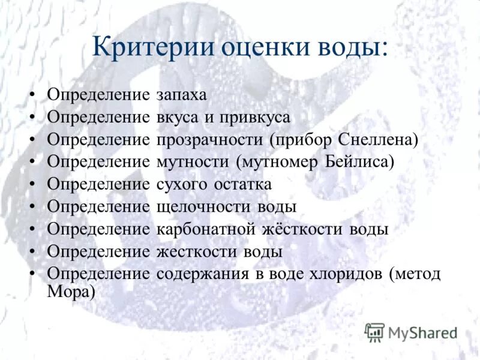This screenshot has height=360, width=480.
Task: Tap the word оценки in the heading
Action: [255, 48]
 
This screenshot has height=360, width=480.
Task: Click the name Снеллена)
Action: [379, 139]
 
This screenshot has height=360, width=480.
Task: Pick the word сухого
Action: [179, 184]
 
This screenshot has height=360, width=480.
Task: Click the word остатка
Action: [239, 184]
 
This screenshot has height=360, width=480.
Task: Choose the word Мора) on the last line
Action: [71, 291]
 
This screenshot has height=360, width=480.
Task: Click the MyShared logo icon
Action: [375, 332]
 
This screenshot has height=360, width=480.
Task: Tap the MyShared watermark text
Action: [423, 332]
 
